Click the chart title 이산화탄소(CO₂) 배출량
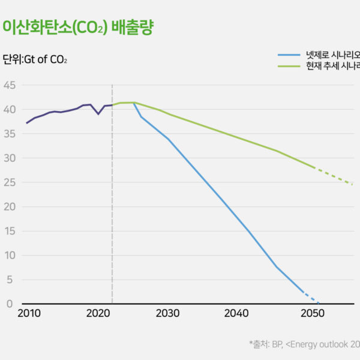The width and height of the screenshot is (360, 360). tap(77, 28)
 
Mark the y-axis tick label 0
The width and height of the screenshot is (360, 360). tap(11, 304)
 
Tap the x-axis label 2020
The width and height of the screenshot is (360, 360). tap(97, 314)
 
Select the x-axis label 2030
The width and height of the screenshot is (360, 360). tap(167, 314)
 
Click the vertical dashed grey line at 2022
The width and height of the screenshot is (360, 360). tap(112, 210)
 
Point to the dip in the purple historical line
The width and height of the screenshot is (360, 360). tap(98, 113)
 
